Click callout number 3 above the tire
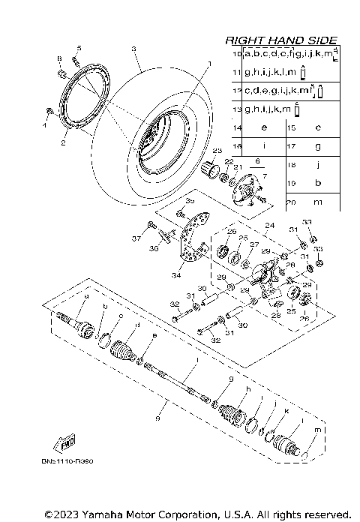click(x=133, y=49)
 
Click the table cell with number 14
click(x=237, y=128)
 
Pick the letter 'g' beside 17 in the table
click(x=318, y=146)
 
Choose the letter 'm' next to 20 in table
click(x=318, y=202)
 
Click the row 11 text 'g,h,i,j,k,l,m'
click(x=268, y=73)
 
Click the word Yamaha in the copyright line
click(x=97, y=514)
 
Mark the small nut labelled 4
click(x=49, y=112)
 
